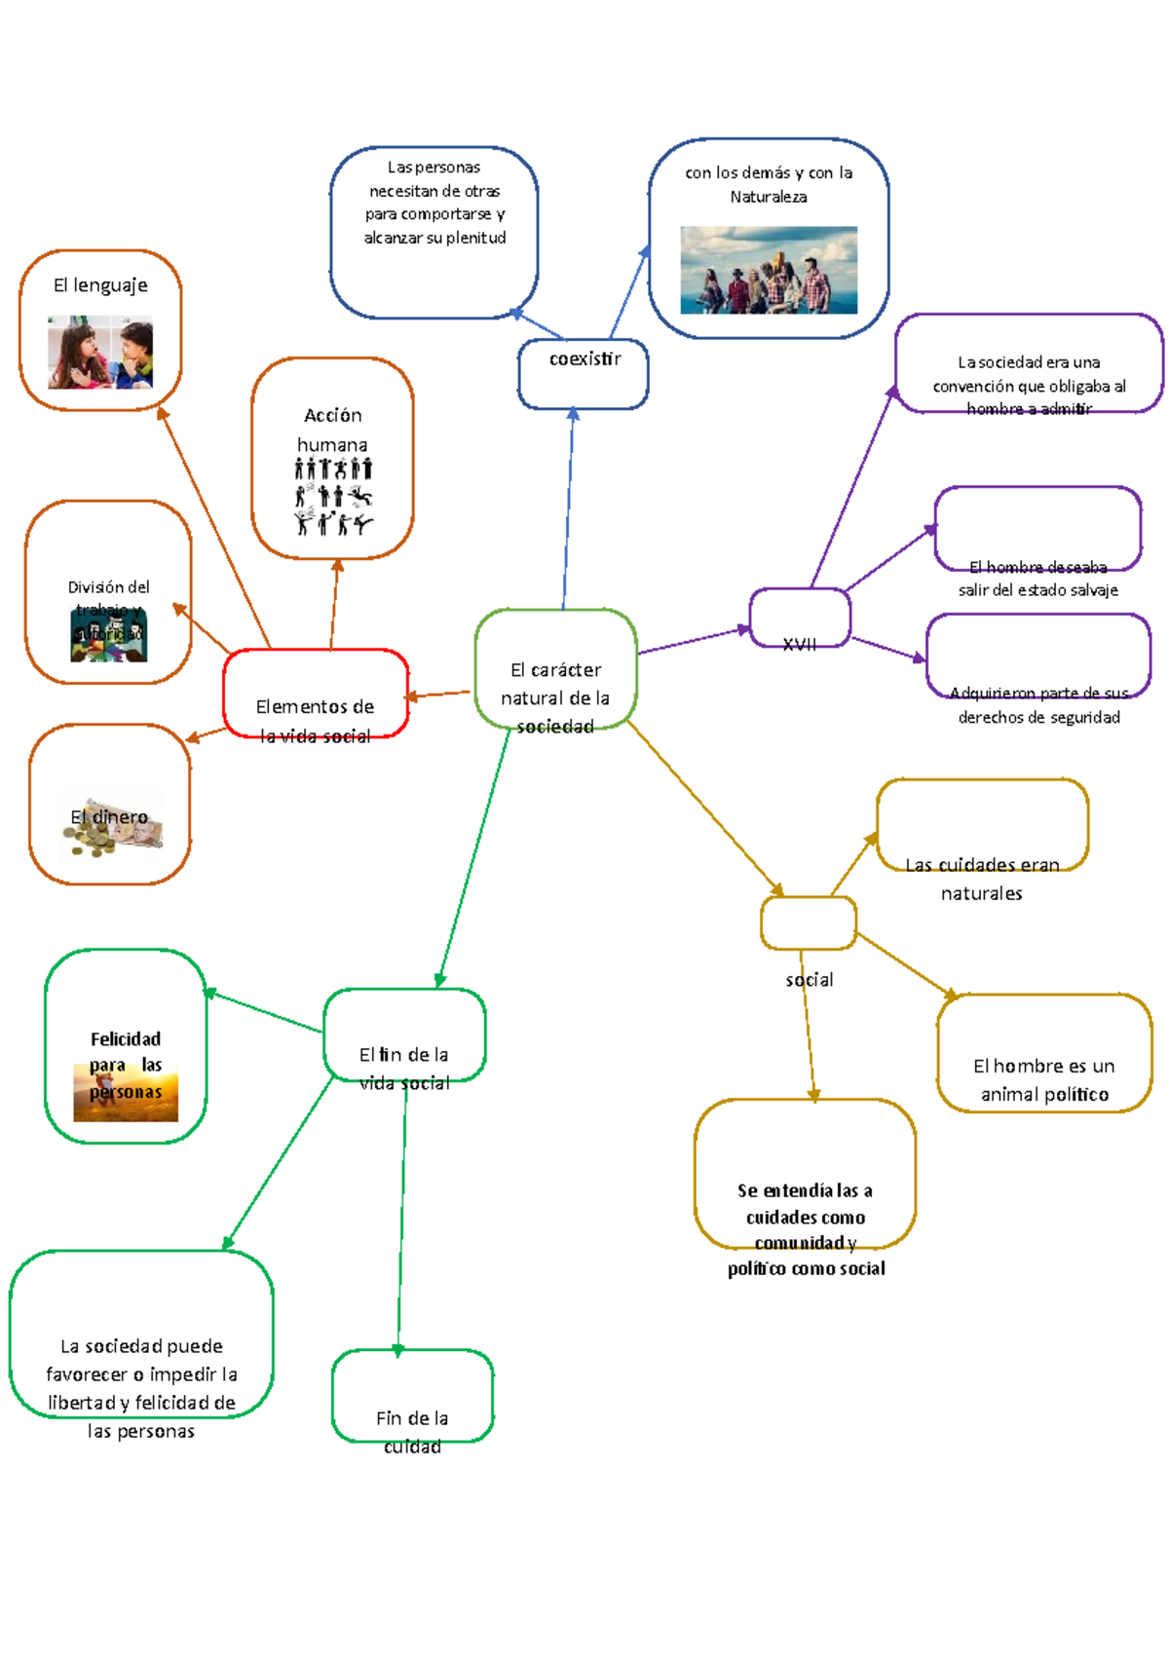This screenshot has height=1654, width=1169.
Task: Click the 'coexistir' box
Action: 583,373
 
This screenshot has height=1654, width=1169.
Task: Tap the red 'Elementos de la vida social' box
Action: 315,693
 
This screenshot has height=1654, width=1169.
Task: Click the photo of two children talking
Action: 100,352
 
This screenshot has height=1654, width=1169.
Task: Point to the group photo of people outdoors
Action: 769,270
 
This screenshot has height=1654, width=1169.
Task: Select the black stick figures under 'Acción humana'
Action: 333,497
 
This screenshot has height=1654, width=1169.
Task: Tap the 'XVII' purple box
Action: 800,618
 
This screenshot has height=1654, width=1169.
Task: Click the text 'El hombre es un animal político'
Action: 1044,1079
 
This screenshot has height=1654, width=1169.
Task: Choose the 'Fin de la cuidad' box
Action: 412,1396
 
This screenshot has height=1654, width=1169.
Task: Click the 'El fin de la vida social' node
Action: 404,1036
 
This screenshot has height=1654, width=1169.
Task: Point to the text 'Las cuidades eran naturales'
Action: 982,878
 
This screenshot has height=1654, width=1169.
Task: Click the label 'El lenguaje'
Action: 100,285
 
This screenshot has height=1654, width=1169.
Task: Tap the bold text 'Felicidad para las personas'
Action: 126,1065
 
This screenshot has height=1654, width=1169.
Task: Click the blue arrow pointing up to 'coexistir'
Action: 568,507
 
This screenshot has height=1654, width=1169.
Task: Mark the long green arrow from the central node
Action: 474,857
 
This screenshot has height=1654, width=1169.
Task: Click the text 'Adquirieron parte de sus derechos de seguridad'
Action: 1039,705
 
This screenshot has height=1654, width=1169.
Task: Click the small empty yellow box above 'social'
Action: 809,922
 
